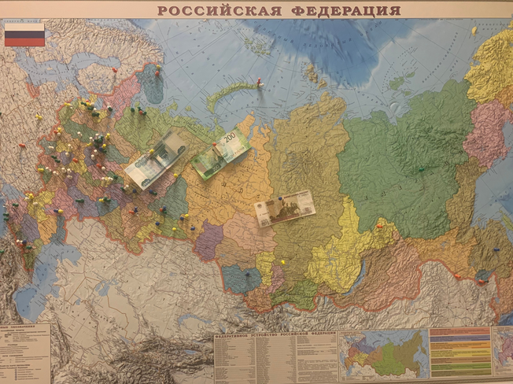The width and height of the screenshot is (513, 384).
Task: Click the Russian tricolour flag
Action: tap(24, 35)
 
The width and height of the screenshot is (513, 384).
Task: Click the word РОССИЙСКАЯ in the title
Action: tap(215, 10)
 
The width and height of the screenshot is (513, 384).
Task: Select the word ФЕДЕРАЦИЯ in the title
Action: tap(343, 10)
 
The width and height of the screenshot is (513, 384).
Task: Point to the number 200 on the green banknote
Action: tap(229, 138)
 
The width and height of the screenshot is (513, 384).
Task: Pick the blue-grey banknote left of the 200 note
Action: tap(155, 159)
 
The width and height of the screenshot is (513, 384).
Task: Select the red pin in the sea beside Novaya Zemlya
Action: tap(259, 80)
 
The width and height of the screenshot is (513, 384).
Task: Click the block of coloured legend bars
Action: tap(459, 352)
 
